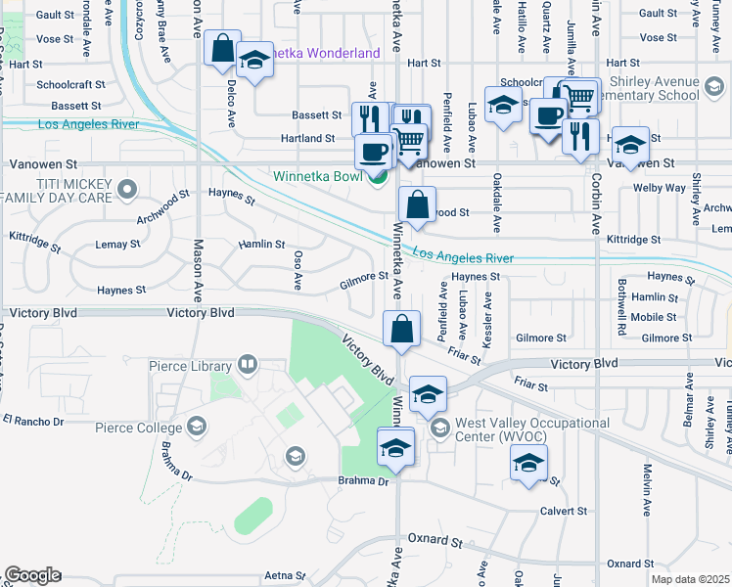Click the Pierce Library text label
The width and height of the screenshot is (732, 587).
click(x=190, y=367)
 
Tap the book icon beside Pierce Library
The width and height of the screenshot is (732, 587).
click(x=248, y=366)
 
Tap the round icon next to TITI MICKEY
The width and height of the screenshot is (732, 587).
click(x=125, y=187)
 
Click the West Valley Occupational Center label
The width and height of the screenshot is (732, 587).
click(x=530, y=429)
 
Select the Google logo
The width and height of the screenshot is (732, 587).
click(x=33, y=575)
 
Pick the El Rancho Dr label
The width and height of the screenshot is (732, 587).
click(x=33, y=421)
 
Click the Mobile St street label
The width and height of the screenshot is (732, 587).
click(x=654, y=317)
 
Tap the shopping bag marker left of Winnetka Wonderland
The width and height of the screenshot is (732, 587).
click(x=222, y=48)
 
